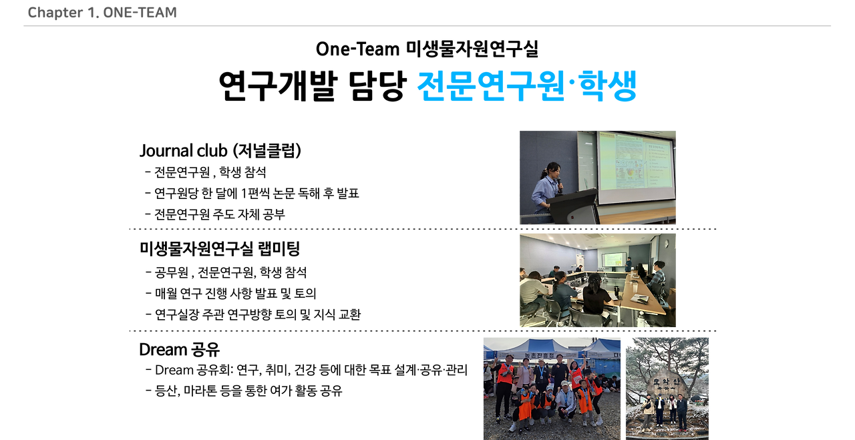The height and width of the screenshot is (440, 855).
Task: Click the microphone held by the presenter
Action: (560, 181)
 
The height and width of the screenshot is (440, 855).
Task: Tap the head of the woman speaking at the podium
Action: (553, 170)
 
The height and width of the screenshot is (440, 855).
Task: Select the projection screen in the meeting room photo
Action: (613, 259)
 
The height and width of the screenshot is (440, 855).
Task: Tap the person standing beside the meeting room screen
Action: (628, 264)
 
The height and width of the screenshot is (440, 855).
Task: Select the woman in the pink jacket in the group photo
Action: (526, 374)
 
